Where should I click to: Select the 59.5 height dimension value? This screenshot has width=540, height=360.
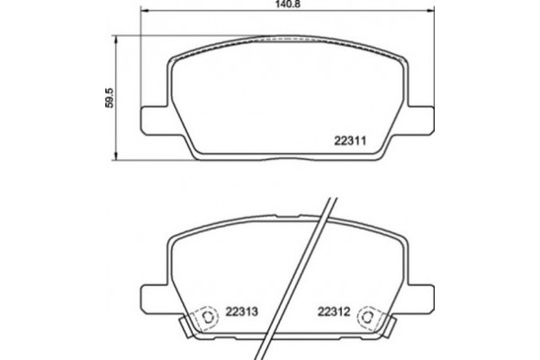[x=109, y=96]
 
